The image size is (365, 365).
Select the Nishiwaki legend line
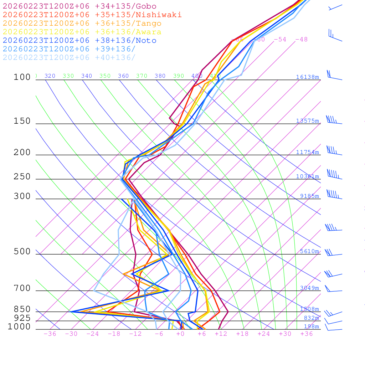92,15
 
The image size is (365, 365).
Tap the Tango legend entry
82,24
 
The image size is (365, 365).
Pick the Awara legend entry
82,32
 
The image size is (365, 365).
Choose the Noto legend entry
79,41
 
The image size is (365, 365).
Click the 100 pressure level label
22,77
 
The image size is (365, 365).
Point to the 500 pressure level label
22,252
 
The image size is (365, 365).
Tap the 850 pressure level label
22,309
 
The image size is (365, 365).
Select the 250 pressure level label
22,177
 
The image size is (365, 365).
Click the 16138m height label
307,77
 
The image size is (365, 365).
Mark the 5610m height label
309,251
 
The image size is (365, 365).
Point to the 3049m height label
309,288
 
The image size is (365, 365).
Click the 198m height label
311,327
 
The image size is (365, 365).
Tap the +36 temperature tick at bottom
307,334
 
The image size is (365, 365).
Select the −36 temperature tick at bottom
50,334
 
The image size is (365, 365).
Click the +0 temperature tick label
180,334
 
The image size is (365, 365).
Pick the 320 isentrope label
50,76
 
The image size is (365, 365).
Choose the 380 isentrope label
160,76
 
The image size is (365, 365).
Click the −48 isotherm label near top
301,40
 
